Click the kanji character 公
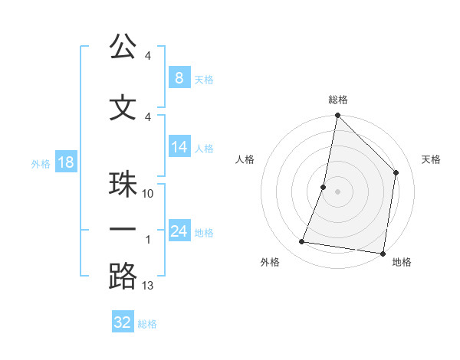(123, 47)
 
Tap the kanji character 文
(123, 109)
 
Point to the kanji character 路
(123, 277)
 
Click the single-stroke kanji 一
(123, 229)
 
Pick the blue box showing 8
(179, 77)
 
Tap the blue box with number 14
(179, 147)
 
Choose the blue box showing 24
(179, 231)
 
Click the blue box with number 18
(65, 161)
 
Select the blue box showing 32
(123, 322)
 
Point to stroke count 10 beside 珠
(148, 194)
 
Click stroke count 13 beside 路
(148, 286)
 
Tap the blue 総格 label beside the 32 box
(148, 324)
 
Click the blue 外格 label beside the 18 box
(40, 163)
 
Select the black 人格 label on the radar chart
(245, 159)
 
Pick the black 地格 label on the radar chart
(402, 262)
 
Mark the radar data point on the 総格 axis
(337, 116)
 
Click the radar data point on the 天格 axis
(396, 172)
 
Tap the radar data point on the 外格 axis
(302, 242)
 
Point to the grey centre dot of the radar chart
(337, 191)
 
